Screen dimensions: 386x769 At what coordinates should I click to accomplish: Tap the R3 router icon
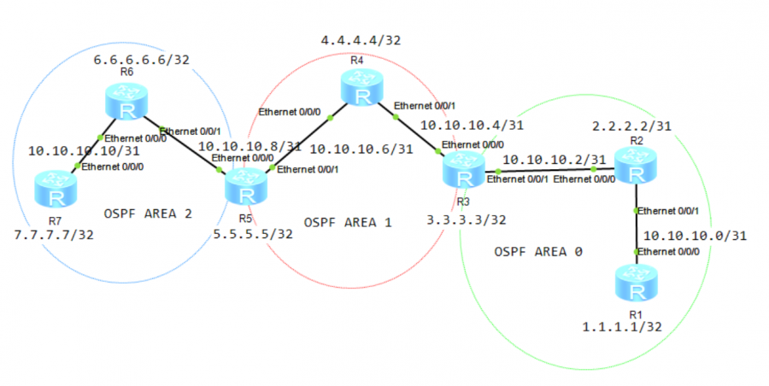[463, 172]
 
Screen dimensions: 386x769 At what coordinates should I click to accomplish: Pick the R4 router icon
[362, 88]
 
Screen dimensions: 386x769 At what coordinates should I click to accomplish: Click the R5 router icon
[245, 187]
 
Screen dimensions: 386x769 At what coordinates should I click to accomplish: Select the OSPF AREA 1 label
[348, 222]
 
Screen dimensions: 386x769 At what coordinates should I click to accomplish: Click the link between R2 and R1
[635, 226]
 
